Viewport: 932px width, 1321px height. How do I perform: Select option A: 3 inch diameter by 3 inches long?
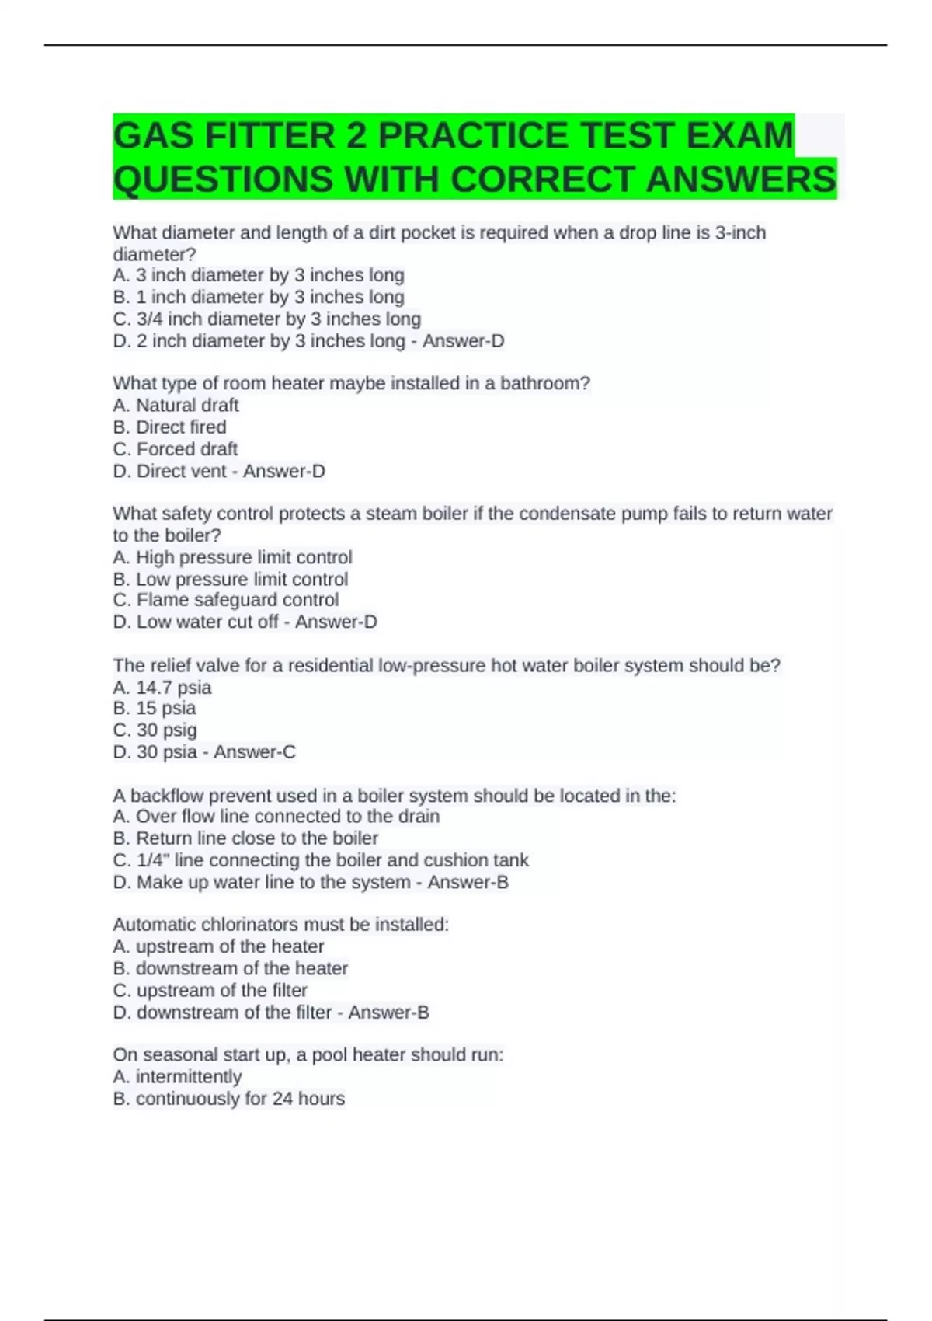click(x=259, y=275)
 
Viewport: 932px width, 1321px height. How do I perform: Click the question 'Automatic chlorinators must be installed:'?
click(x=280, y=925)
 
